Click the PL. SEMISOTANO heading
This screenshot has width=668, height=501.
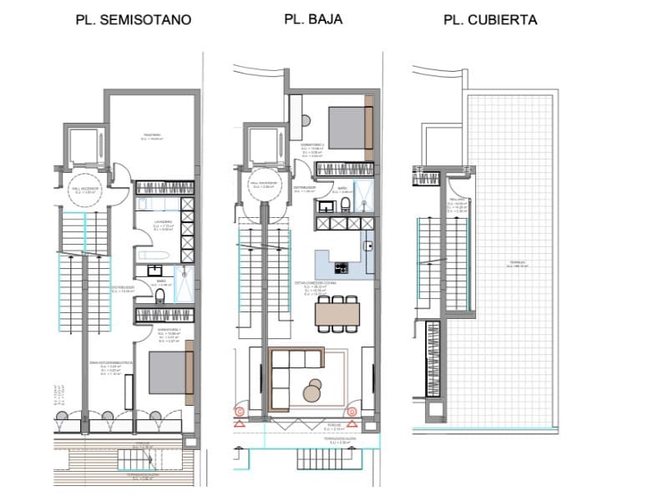tap(134, 19)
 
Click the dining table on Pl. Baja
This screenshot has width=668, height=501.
tap(337, 314)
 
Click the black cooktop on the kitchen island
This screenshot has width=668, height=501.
tap(341, 268)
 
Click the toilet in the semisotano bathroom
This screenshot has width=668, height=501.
tap(159, 297)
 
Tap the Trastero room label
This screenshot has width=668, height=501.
tap(151, 137)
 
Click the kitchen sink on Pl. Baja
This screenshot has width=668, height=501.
tap(367, 245)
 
